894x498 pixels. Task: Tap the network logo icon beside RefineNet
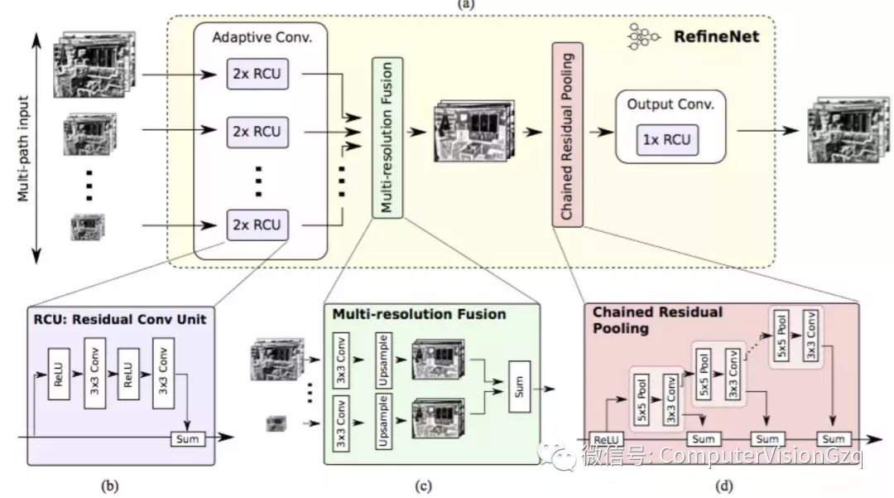click(643, 37)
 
